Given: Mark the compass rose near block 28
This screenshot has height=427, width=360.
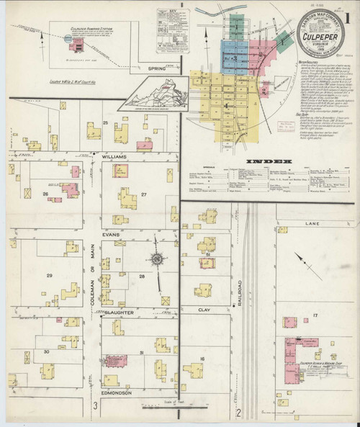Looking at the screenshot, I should point(155,259).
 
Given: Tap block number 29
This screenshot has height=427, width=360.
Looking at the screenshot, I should point(50,276).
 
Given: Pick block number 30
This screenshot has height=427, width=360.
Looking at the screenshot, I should point(46,352).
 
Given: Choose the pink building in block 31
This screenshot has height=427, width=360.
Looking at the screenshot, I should point(112,360).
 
